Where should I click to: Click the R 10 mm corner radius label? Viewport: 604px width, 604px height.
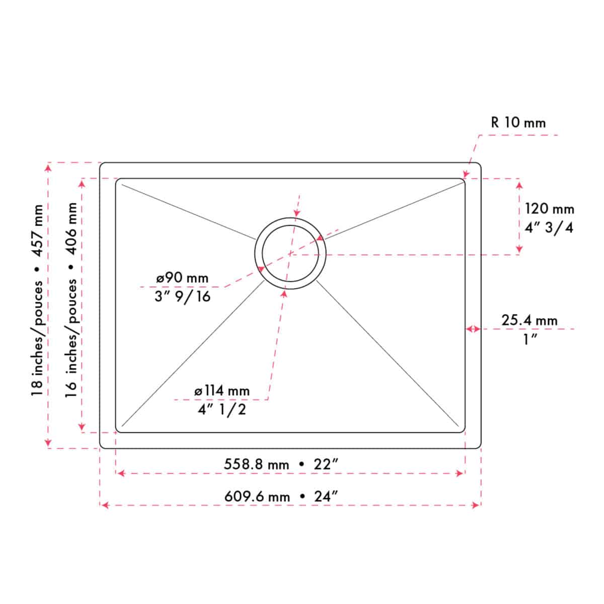(x=518, y=122)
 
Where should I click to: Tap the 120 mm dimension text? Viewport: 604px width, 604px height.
(x=550, y=209)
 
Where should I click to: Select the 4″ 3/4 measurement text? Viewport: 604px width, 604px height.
(x=549, y=228)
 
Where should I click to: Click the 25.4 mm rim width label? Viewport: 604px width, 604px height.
(x=530, y=320)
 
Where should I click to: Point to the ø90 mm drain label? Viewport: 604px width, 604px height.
(x=182, y=278)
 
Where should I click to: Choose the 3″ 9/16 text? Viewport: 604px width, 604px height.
(x=182, y=296)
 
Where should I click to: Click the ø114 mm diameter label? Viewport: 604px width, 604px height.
(x=222, y=391)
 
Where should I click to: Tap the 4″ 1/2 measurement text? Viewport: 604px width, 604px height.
(x=221, y=409)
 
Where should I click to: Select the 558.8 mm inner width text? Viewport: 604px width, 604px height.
(x=256, y=464)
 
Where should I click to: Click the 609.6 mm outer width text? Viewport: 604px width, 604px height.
(x=257, y=497)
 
